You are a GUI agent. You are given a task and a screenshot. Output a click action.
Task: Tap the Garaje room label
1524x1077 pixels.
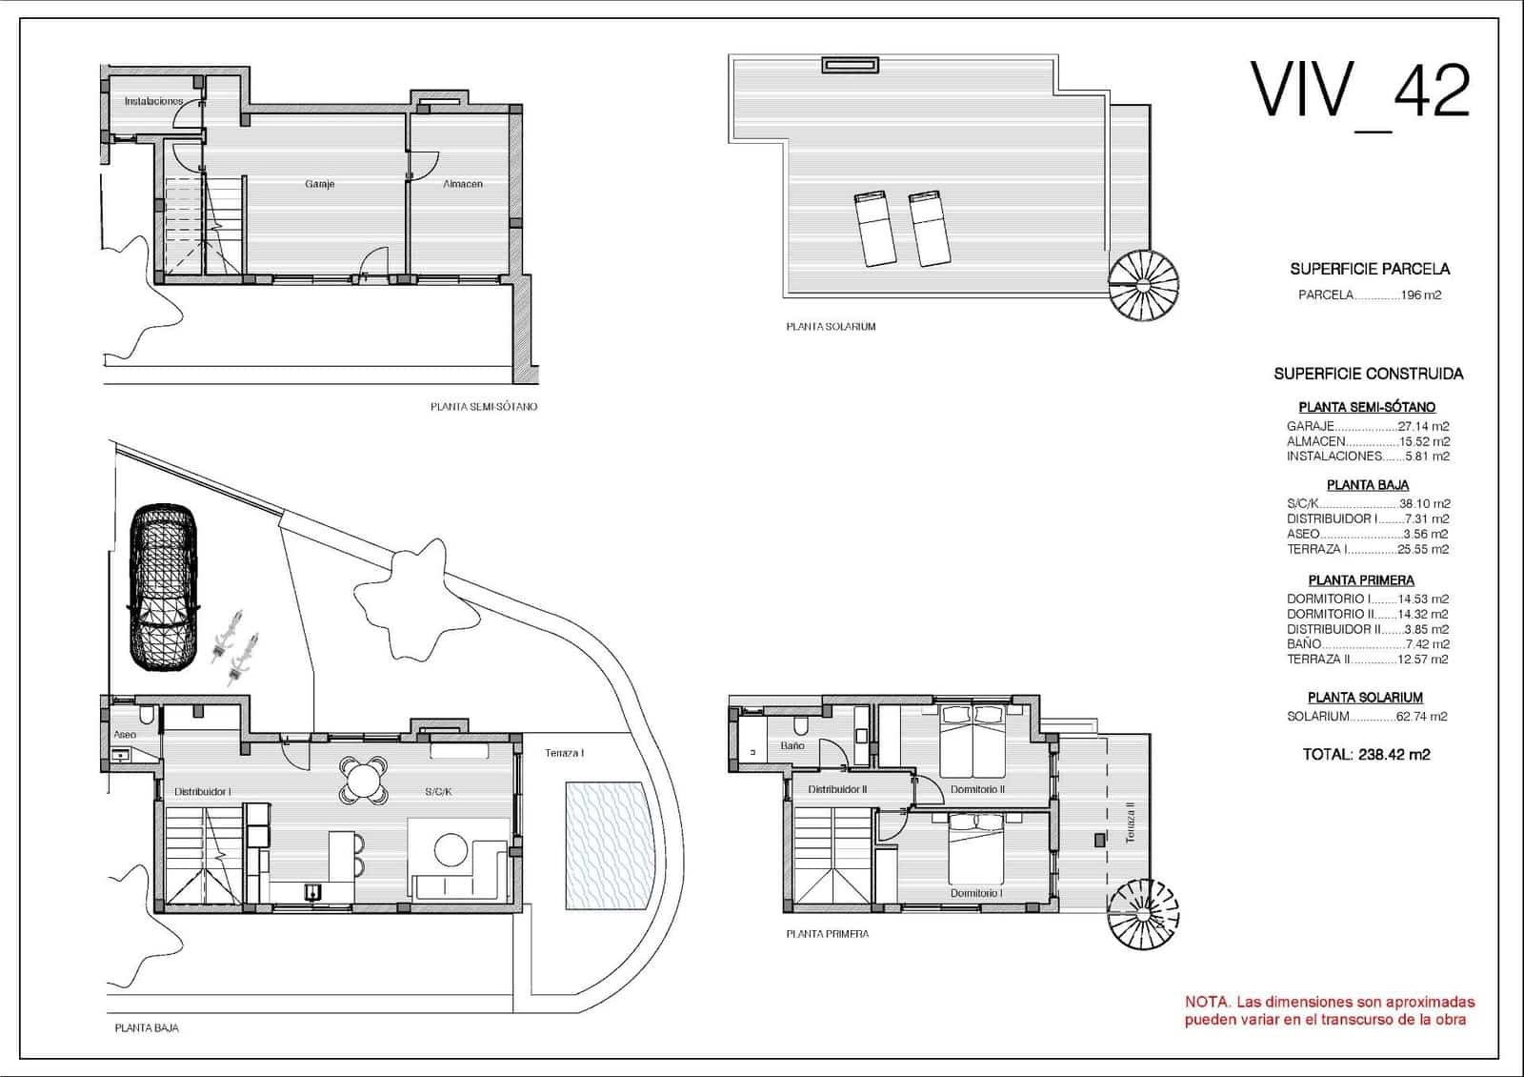click(x=320, y=184)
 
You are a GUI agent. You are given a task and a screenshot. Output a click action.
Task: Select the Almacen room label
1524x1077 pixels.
click(x=463, y=184)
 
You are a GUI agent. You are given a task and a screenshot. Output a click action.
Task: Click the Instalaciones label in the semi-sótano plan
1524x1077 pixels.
click(x=153, y=101)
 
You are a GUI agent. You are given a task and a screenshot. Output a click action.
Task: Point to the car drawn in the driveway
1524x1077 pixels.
click(x=165, y=588)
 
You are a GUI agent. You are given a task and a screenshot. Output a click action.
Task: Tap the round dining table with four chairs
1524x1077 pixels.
click(x=363, y=779)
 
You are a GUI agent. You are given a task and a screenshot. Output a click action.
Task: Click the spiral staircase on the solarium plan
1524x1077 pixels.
click(x=1143, y=284)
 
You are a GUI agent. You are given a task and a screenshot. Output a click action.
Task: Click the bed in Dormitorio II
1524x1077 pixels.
click(x=973, y=742)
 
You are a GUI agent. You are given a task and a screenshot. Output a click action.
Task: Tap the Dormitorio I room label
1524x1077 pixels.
click(x=975, y=893)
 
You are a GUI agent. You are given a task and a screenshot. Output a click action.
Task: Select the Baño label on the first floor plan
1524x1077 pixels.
click(x=792, y=746)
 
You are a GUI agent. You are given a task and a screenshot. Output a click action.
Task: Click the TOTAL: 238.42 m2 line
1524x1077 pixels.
click(x=1366, y=754)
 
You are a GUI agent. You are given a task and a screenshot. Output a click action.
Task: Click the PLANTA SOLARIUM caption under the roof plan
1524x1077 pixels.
click(x=831, y=327)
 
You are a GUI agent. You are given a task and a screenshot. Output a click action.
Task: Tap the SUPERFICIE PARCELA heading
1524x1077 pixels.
click(x=1370, y=270)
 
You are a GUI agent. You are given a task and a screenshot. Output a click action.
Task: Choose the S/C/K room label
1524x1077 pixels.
click(x=438, y=792)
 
